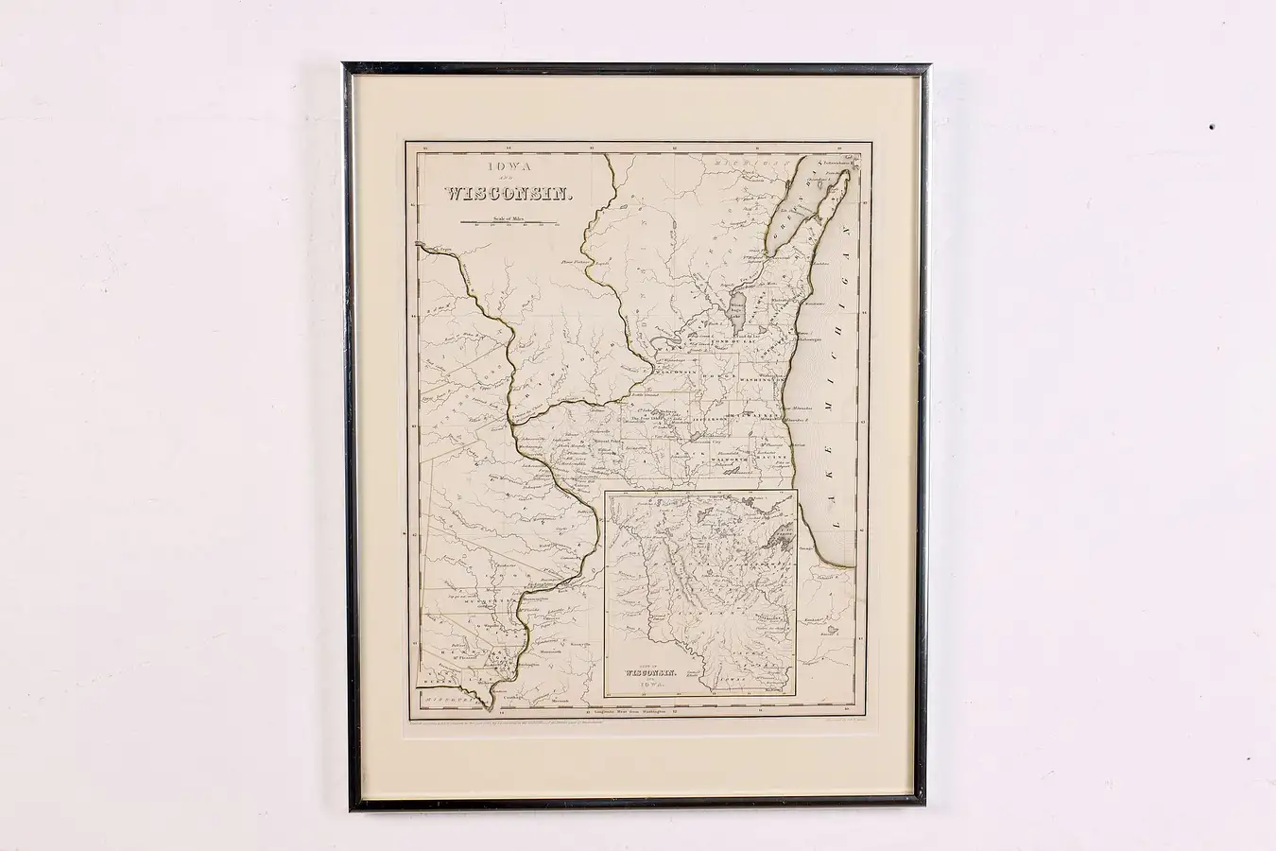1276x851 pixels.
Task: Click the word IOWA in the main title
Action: click(x=503, y=167)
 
